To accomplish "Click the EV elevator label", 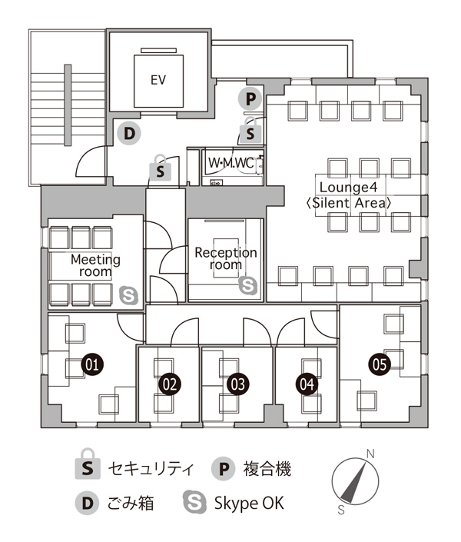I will pos(159,79).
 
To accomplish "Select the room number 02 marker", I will pos(170,381).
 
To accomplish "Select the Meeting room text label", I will pos(95,265).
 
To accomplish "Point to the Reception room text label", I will pos(225,258).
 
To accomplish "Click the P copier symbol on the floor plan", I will pos(250,98).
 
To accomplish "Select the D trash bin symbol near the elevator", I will pos(131,133).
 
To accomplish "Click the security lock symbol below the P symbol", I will pos(250,131).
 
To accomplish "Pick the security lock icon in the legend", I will pos(87,467).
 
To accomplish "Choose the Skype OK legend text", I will pos(249,504).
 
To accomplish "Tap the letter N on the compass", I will pos(370,454).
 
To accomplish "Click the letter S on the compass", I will pos(340,510).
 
